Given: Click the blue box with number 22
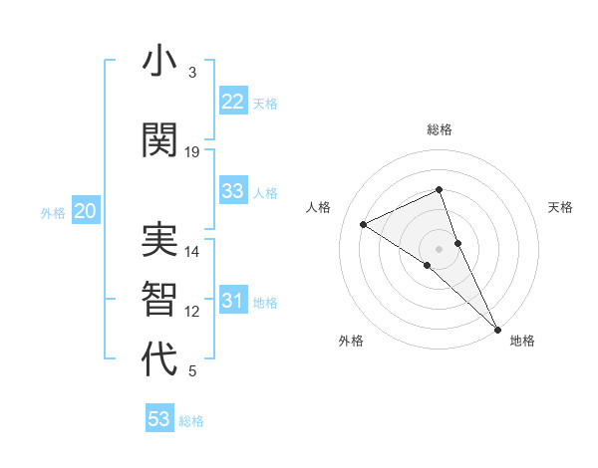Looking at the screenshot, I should click(233, 102).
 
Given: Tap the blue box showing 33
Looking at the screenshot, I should click(233, 191).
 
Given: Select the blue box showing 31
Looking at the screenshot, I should click(233, 301).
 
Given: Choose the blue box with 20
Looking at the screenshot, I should click(86, 211).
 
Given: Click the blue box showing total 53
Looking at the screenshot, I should click(159, 419).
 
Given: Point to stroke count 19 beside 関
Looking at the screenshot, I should click(192, 152).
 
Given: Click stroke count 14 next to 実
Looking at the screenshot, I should click(192, 252).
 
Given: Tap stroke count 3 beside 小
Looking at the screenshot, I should click(192, 73).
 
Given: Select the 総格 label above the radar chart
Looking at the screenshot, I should click(440, 129).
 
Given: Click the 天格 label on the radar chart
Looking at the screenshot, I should click(561, 207).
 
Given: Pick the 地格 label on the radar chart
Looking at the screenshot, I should click(522, 341).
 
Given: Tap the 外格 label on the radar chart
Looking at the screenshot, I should click(351, 341).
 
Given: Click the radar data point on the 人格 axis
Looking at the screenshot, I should click(364, 224).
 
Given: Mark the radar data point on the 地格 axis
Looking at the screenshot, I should click(497, 329).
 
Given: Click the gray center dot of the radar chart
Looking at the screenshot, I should click(440, 248).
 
